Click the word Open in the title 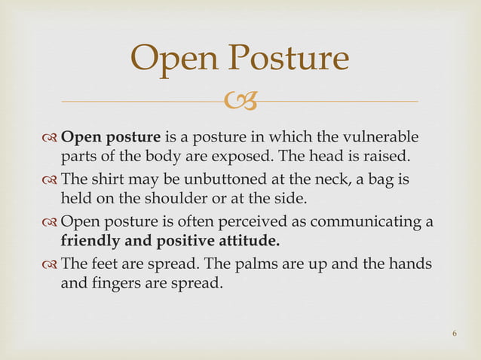coord(175,59)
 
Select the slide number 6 coord(455,333)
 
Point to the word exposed coord(256,157)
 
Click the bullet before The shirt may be coord(50,181)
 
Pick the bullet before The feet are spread coord(50,265)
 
